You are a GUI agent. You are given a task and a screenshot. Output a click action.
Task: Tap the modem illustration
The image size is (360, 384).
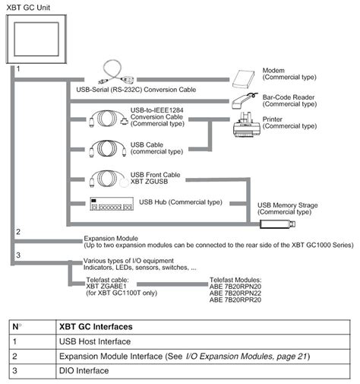tap(245, 78)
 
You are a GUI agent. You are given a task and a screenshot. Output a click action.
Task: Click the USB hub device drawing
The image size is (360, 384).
tap(109, 204)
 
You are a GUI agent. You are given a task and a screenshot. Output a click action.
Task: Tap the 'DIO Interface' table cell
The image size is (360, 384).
tap(84, 370)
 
